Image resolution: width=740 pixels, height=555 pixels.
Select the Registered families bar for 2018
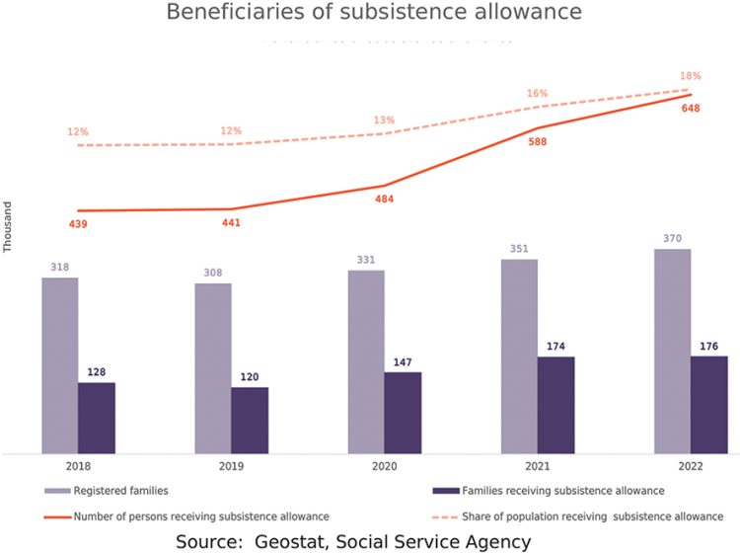(59, 365)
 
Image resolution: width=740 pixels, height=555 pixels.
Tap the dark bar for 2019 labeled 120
(250, 421)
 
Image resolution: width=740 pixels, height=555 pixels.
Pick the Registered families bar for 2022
(672, 351)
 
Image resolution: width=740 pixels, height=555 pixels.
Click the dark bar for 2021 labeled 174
(555, 405)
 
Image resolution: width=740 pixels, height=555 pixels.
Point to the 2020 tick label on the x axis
(384, 465)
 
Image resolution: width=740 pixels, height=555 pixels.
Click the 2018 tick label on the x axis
(78, 465)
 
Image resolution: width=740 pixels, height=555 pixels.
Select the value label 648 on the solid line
(691, 108)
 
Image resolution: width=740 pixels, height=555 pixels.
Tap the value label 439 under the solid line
(78, 224)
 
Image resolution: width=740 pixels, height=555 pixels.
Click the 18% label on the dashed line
(691, 76)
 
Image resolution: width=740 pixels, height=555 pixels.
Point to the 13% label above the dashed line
(384, 120)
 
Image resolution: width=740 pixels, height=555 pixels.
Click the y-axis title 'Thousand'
(8, 228)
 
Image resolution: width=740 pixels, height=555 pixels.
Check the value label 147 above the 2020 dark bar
(403, 362)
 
